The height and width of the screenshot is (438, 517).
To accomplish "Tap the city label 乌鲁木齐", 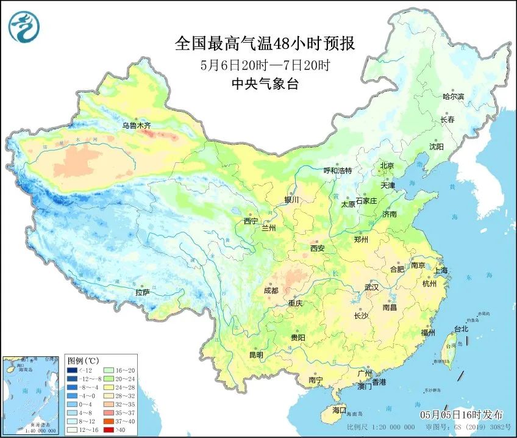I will pos(136,126).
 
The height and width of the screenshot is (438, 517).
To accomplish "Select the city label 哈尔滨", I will pos(454,96).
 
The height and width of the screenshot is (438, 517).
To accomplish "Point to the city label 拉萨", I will pos(142,293).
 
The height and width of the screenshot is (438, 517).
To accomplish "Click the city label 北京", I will pos(387,165).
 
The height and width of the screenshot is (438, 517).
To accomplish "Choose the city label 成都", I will pos(272,292).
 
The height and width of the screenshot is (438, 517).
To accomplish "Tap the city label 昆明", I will pos(256,355).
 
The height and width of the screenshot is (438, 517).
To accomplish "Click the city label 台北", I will pos(460,329).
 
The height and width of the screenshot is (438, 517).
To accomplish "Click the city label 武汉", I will pos(371,287).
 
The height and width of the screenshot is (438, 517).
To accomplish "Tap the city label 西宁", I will pos(251,221).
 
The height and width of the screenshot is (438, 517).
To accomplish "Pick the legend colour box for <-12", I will pos(72,370).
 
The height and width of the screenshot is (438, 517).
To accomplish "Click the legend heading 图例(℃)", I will pos(80,361).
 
